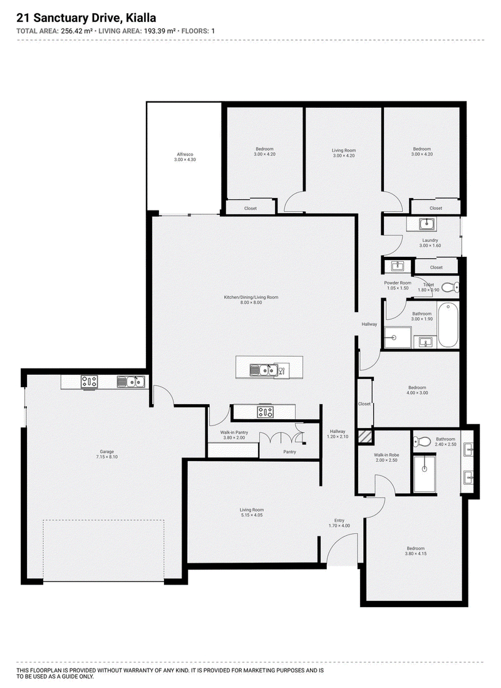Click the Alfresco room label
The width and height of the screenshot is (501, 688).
[185, 154]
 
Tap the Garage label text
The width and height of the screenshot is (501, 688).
[106, 452]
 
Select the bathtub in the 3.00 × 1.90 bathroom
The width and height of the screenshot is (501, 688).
[448, 325]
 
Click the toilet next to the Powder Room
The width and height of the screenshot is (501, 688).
[450, 288]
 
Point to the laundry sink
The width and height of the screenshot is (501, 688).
[426, 224]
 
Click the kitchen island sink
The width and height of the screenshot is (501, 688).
[263, 370]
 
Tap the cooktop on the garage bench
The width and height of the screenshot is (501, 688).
[89, 382]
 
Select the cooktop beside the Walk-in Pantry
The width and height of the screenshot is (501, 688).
[266, 412]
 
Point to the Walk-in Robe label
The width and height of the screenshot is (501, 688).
[386, 455]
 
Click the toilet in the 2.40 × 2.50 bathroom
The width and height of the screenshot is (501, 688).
[421, 441]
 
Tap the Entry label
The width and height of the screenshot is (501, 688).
[339, 521]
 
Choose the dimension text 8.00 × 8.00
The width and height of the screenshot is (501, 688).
[251, 302]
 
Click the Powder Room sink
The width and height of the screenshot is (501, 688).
[398, 266]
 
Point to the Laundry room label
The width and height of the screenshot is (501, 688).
[430, 241]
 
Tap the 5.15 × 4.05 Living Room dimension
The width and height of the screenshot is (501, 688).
[251, 515]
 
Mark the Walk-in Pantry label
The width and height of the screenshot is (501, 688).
[234, 432]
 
